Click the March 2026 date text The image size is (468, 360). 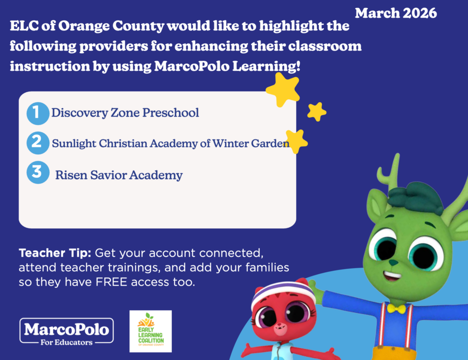click(396, 13)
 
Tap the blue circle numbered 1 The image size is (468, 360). click(37, 113)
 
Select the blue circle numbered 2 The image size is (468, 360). click(37, 143)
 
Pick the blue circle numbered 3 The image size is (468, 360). click(37, 172)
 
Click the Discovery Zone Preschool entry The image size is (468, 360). click(125, 113)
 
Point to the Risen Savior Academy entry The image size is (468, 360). click(119, 175)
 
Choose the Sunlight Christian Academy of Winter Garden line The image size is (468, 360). click(170, 143)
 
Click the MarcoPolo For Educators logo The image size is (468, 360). click(67, 332)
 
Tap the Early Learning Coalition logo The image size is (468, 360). click(150, 331)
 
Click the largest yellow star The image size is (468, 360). click(282, 90)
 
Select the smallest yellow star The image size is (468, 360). click(317, 111)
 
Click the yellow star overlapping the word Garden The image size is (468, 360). click(296, 141)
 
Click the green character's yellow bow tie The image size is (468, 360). click(396, 309)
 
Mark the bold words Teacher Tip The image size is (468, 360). click(55, 253)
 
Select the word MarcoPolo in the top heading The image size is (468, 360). click(191, 66)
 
